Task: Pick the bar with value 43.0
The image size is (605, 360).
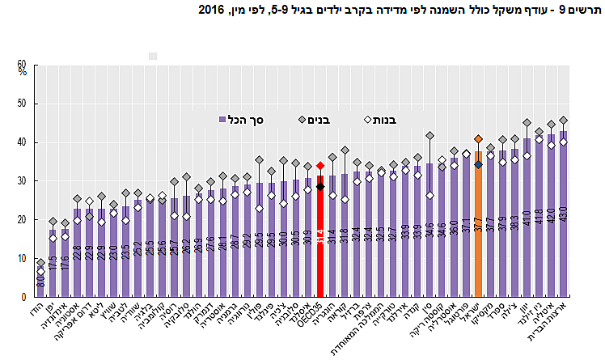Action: coord(563,218)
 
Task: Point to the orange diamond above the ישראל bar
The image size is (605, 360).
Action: coord(478,138)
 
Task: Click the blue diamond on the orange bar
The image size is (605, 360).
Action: coord(478,164)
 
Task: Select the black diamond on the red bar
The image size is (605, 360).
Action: coord(320,187)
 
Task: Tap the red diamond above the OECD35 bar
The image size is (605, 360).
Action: coord(320,165)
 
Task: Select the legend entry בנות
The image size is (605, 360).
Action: coord(376,119)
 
